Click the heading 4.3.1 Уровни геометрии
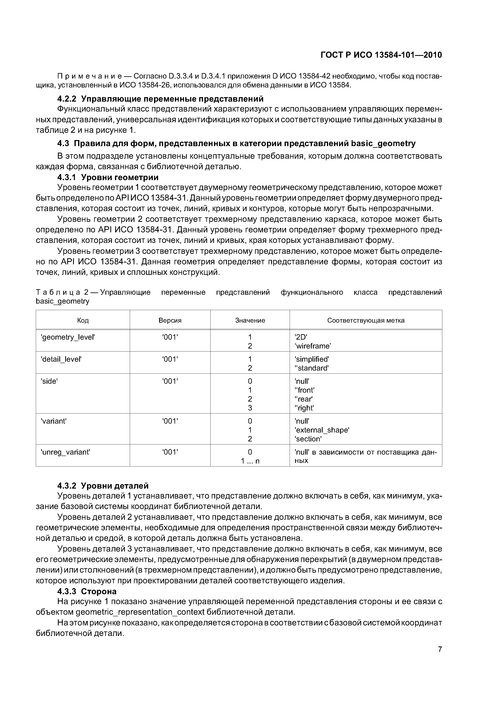(x=108, y=177)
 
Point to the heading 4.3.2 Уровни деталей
(x=103, y=486)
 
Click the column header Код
(x=83, y=320)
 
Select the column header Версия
(x=170, y=320)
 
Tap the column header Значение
(x=250, y=320)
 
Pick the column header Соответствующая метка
(x=366, y=320)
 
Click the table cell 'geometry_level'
(x=68, y=337)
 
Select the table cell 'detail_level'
(x=61, y=359)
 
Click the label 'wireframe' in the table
(x=313, y=346)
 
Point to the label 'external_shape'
(x=322, y=430)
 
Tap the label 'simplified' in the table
(x=312, y=359)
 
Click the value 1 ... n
(x=250, y=461)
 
